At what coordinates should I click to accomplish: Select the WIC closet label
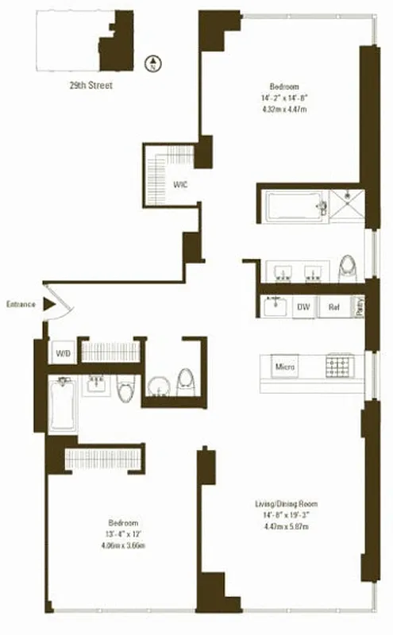[181, 186]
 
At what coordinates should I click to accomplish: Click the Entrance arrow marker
[49, 304]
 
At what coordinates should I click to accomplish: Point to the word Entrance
[21, 304]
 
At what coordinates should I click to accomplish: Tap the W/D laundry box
[63, 352]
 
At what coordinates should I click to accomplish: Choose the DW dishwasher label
[302, 307]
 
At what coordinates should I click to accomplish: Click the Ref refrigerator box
[334, 307]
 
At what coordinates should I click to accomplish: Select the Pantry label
[360, 306]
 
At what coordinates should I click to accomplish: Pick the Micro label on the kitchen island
[285, 367]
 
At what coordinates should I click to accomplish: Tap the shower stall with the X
[348, 204]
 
